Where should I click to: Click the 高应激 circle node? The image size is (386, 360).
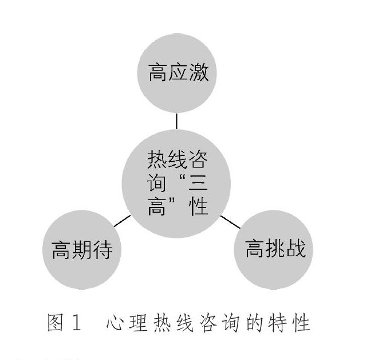[x=178, y=74]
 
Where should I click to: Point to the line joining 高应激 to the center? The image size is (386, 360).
[x=177, y=121]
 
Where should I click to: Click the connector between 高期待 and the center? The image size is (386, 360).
[x=121, y=221]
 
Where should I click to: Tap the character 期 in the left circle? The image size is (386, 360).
[x=82, y=251]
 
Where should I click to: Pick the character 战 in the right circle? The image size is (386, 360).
[x=296, y=249]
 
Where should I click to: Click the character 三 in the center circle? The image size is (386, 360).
[x=198, y=182]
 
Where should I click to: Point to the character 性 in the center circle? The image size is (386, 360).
[x=198, y=207]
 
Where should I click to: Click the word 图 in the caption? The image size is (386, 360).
[x=56, y=323]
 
